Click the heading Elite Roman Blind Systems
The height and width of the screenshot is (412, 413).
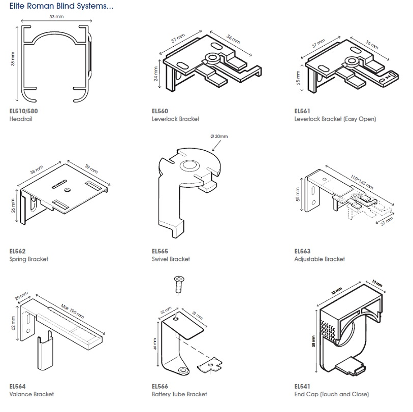click(61, 7)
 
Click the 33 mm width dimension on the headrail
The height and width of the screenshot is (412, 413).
click(56, 17)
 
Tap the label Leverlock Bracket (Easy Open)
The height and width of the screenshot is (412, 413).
click(335, 119)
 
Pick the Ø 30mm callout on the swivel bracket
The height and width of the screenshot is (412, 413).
click(219, 136)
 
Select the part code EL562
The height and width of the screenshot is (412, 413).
click(17, 251)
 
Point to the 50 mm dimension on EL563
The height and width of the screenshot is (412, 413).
click(298, 194)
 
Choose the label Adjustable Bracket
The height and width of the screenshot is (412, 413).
click(319, 259)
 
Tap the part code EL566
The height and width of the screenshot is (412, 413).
click(160, 386)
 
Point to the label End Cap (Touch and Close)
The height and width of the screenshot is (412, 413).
click(331, 394)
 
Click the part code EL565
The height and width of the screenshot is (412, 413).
click(160, 251)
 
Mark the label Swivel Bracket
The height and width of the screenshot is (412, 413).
click(171, 259)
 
